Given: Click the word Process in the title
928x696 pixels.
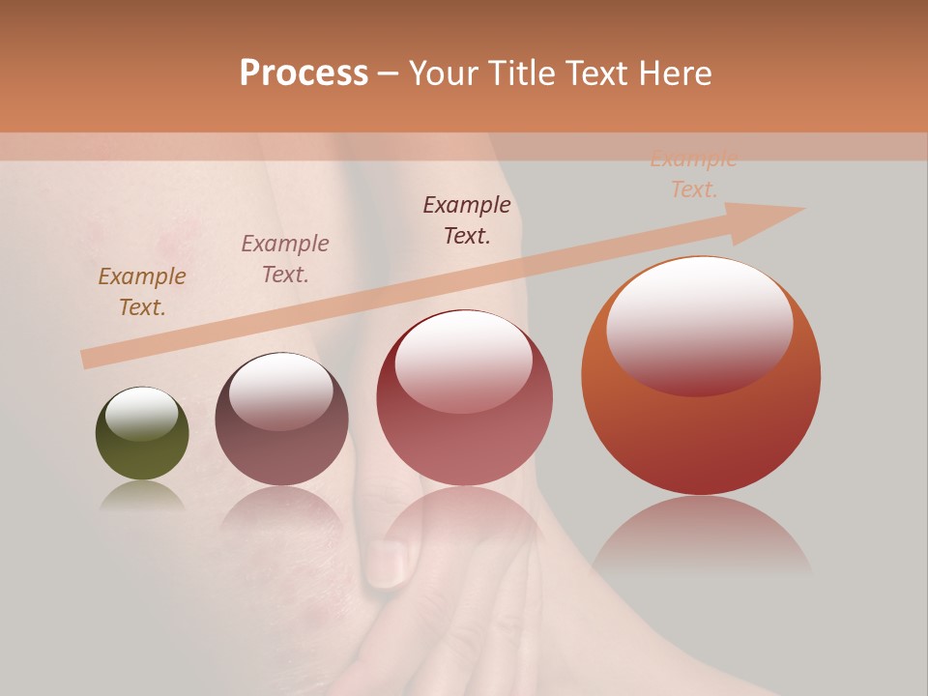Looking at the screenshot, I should pyautogui.click(x=304, y=73).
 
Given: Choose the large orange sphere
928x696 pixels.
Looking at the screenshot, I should pyautogui.click(x=701, y=425).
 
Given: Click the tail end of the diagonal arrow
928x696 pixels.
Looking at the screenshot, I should pyautogui.click(x=87, y=359).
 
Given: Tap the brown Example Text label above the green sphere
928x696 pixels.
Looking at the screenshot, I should pyautogui.click(x=142, y=291).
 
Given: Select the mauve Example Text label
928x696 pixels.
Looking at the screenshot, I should pyautogui.click(x=285, y=258).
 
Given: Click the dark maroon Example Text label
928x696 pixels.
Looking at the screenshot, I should pyautogui.click(x=467, y=219).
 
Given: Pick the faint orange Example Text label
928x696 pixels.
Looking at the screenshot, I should pyautogui.click(x=693, y=174).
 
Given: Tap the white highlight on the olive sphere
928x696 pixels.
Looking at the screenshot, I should pyautogui.click(x=141, y=414).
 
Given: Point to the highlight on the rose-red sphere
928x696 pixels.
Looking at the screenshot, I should pyautogui.click(x=463, y=360).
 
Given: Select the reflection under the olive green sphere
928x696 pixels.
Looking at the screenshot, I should pyautogui.click(x=142, y=496).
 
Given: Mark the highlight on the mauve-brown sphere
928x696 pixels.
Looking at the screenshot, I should pyautogui.click(x=280, y=391).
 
